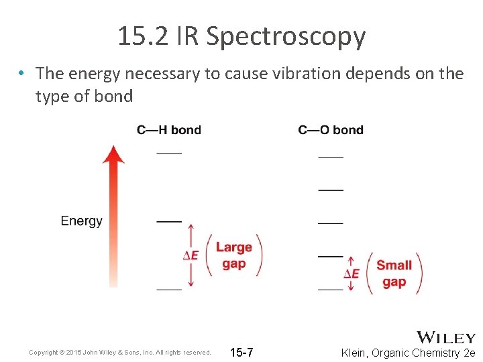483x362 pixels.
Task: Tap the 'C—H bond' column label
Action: (x=168, y=129)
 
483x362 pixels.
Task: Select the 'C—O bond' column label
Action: (x=331, y=129)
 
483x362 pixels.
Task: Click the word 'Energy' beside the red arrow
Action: (x=81, y=221)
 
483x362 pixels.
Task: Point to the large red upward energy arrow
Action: (x=113, y=215)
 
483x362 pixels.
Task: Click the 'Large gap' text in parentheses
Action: (x=233, y=255)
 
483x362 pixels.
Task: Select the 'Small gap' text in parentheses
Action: (x=394, y=273)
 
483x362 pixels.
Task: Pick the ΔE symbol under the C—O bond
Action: (x=351, y=273)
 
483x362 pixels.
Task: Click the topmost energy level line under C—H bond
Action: (x=169, y=153)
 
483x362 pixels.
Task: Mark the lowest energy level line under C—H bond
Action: (x=169, y=290)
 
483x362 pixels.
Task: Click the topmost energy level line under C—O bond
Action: (x=330, y=156)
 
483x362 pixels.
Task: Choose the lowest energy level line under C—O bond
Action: (x=330, y=290)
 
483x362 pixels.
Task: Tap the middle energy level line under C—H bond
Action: (x=169, y=221)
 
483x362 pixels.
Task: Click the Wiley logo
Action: (x=446, y=337)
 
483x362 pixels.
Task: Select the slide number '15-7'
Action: (x=241, y=353)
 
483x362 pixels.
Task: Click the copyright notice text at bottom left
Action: (x=120, y=353)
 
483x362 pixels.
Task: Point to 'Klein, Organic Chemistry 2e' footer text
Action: (x=408, y=353)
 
